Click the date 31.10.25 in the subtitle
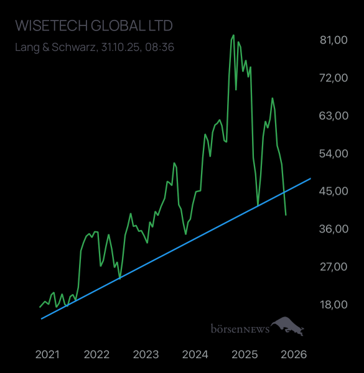tap(121, 47)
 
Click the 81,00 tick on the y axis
tap(332, 40)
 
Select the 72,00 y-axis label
tap(332, 78)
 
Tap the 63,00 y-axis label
tap(332, 116)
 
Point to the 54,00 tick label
tap(332, 154)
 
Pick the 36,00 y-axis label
tap(332, 229)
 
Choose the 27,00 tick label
tap(332, 267)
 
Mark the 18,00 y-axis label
tap(332, 305)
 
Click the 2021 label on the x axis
tap(47, 354)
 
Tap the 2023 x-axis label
tap(146, 354)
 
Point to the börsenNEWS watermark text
tap(240, 329)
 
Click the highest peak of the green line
tap(233, 35)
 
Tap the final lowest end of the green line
tap(286, 215)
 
